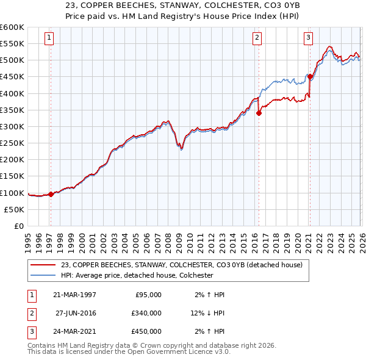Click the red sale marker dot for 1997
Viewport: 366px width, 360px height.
pos(51,194)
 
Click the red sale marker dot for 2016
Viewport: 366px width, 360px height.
pos(259,113)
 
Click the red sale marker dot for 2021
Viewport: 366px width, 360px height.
pos(310,77)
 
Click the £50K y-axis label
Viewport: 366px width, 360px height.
pos(14,209)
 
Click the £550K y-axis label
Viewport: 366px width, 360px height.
pos(12,44)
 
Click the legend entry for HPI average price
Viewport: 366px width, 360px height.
pos(137,275)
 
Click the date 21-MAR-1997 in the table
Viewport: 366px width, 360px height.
pos(74,294)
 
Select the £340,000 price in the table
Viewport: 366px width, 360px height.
pos(146,312)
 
